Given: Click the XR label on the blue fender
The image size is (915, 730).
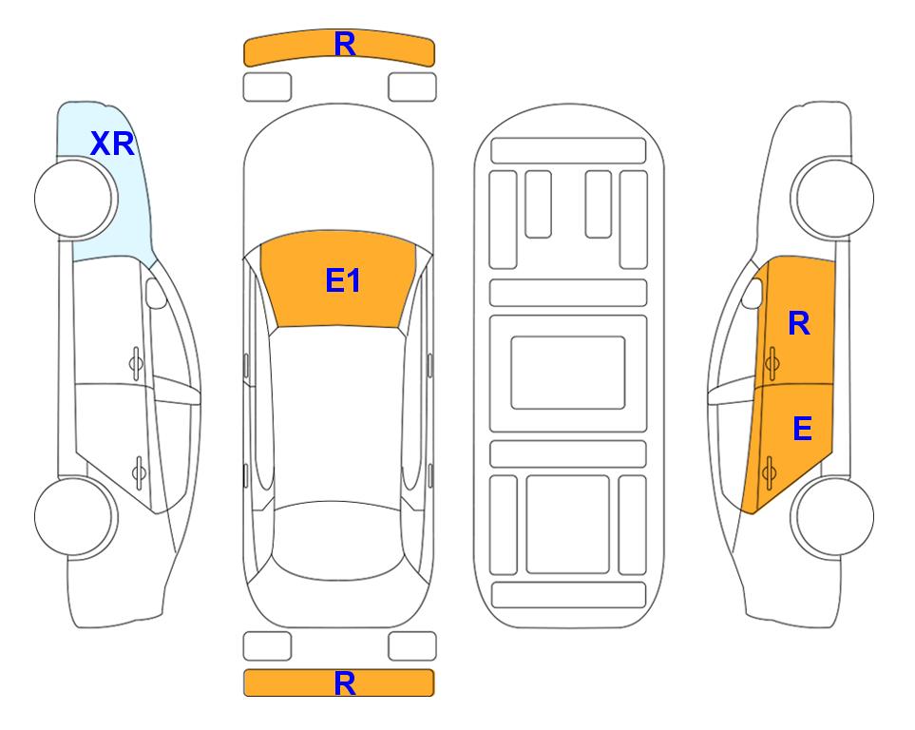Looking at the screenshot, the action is click(x=113, y=144).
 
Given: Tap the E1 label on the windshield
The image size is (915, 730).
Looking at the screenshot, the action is click(x=343, y=280).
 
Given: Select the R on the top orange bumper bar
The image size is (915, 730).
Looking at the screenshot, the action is click(x=345, y=45).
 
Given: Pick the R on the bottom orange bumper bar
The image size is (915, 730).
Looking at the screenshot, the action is click(x=345, y=683).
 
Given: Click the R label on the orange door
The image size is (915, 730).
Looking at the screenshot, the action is click(x=799, y=323).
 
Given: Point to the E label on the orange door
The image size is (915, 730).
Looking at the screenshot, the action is click(x=802, y=429).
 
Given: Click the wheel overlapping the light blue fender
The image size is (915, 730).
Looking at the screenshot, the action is click(x=76, y=199).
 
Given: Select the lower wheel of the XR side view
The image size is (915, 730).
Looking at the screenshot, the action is click(x=76, y=517).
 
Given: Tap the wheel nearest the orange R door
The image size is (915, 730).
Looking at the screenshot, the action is click(x=832, y=199).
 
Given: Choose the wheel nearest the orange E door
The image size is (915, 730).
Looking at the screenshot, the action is click(x=832, y=517).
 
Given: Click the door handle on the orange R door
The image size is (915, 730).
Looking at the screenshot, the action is click(x=772, y=363).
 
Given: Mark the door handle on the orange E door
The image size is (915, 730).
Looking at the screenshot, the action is click(x=769, y=472).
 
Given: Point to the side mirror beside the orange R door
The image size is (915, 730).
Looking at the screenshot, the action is click(x=753, y=293).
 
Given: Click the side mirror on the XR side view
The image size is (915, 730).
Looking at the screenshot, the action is click(x=156, y=293).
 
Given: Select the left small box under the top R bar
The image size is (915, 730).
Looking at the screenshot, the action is click(x=267, y=87).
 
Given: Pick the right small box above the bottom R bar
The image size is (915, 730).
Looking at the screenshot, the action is click(x=412, y=646).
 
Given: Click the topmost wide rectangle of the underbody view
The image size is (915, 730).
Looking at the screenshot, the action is click(x=568, y=151).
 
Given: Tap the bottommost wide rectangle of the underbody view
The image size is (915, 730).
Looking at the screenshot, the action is click(x=569, y=595).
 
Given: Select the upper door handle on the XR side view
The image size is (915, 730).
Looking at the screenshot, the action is click(x=136, y=363).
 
